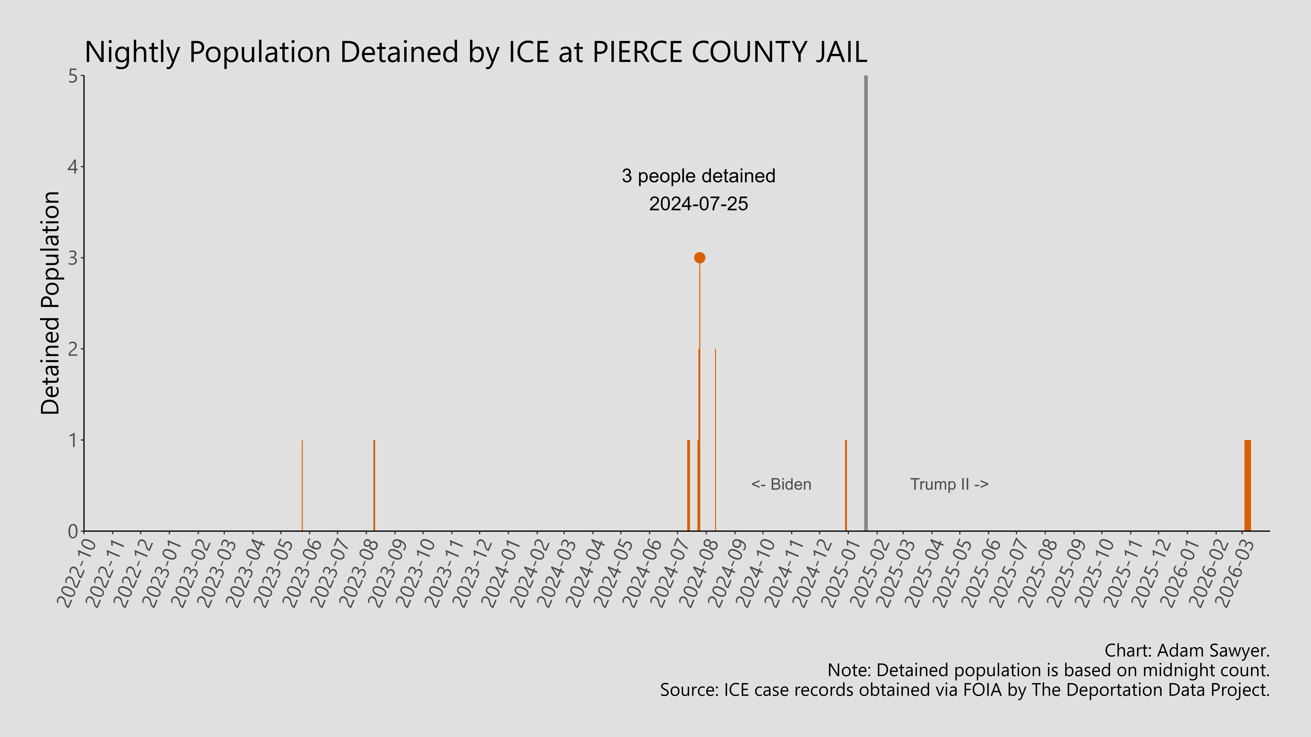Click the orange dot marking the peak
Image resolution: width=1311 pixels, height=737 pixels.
click(x=699, y=258)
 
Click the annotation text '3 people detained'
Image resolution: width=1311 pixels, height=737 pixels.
click(x=698, y=176)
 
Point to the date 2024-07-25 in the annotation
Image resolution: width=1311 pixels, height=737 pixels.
click(x=698, y=204)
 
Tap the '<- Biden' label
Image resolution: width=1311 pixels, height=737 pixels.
click(x=781, y=484)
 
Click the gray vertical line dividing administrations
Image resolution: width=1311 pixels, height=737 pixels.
click(x=866, y=305)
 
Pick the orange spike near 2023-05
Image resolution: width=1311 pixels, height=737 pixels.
click(x=302, y=486)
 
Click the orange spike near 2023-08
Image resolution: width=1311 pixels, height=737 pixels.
click(x=374, y=486)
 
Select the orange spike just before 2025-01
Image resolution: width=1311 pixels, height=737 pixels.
click(x=846, y=486)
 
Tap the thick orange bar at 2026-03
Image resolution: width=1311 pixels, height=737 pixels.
click(x=1247, y=486)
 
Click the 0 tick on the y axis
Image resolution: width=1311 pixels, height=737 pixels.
click(x=73, y=531)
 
